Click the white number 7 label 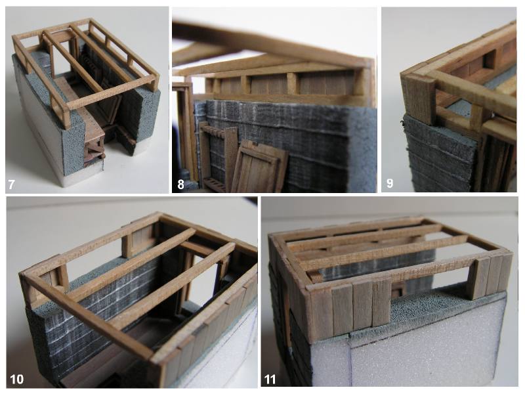coord(11,184)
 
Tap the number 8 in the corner coord(181,184)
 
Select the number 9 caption coord(390,183)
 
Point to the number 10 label coord(17,379)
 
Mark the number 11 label coord(270,380)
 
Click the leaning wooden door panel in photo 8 coord(259,167)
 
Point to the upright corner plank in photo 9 coord(419,100)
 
